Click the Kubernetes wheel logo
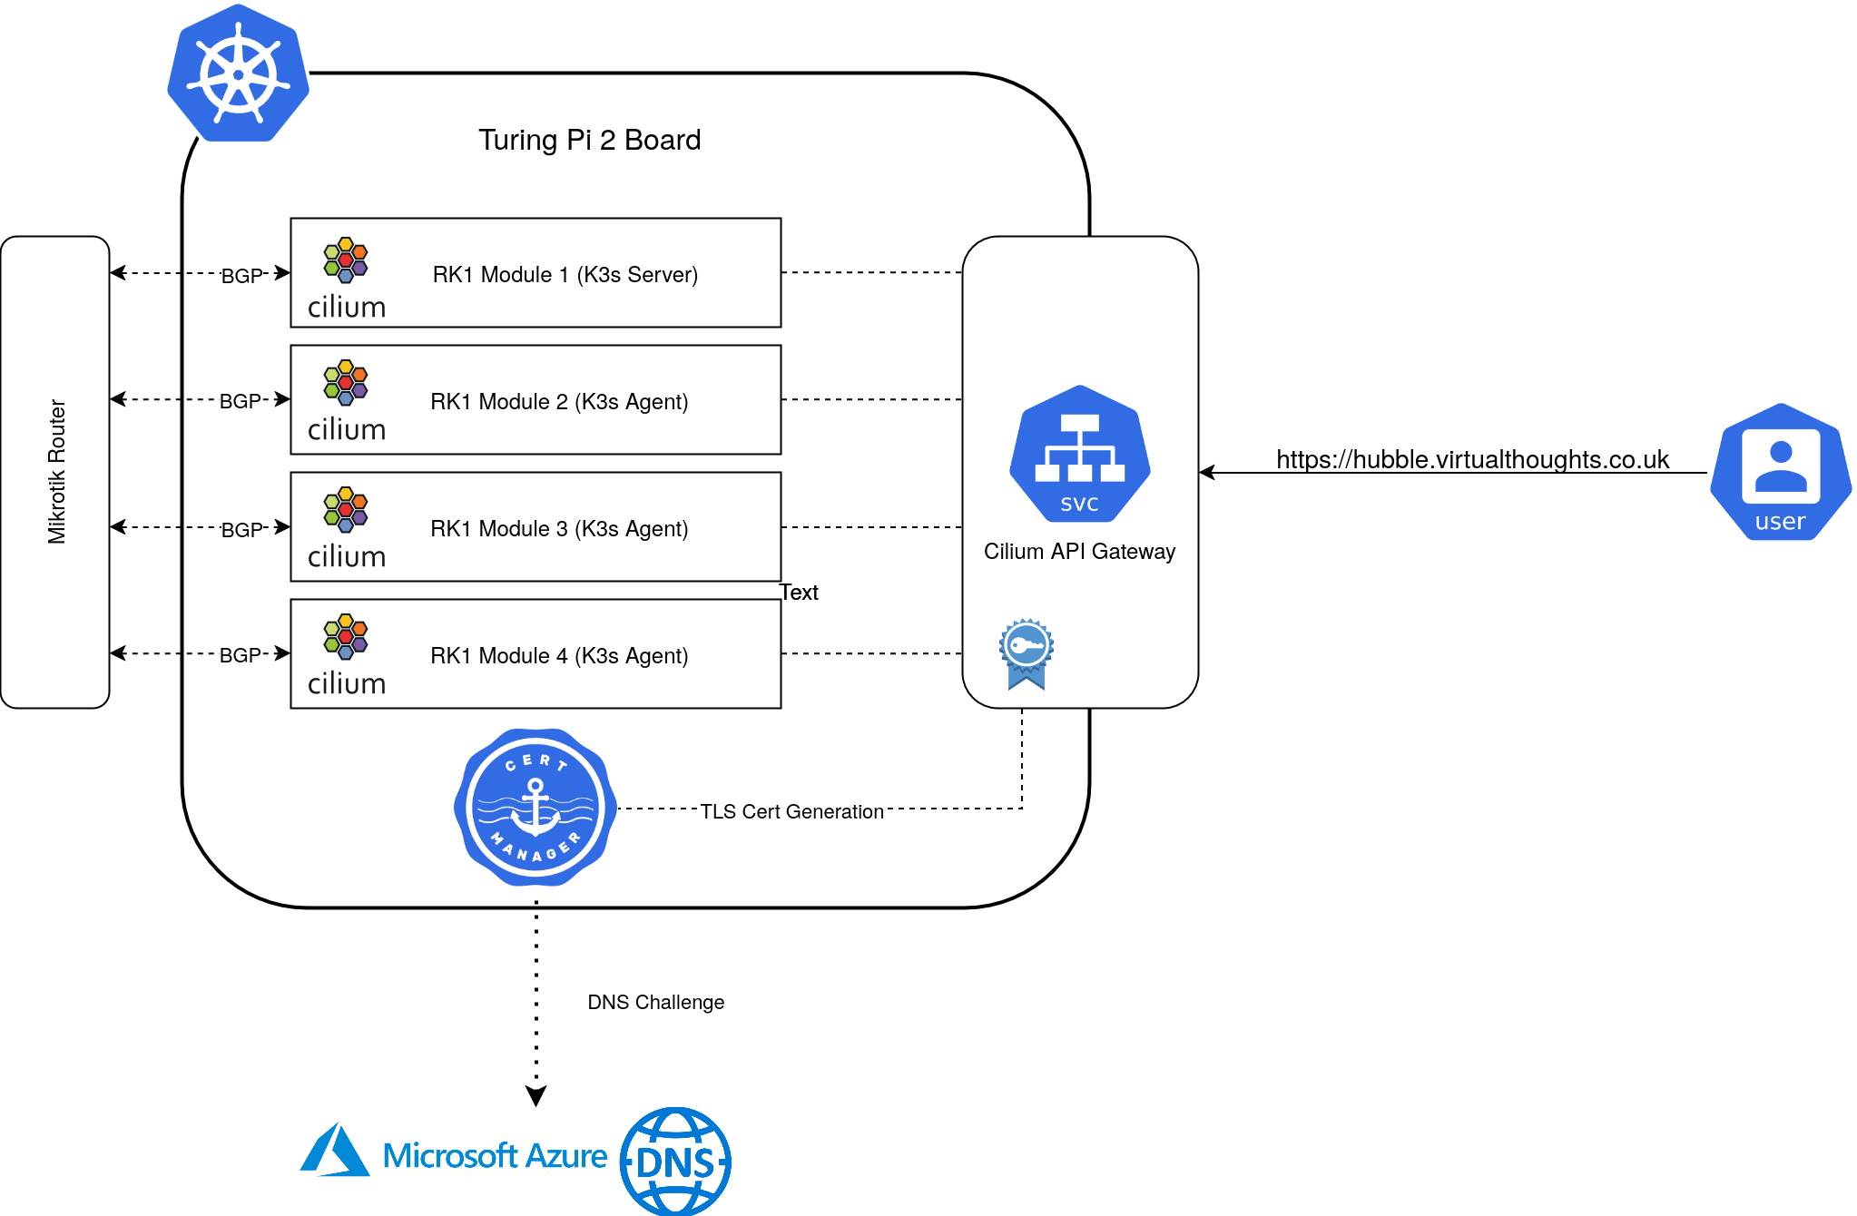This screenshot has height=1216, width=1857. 238,74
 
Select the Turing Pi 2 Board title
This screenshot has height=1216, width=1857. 589,140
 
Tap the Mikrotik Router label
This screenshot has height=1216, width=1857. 56,472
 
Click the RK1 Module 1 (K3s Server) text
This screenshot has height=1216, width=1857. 565,274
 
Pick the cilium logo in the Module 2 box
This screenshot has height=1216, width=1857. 347,400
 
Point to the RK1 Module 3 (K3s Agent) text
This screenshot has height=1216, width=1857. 559,528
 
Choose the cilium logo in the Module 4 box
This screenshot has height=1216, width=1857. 347,654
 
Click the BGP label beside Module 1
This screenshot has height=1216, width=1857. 241,275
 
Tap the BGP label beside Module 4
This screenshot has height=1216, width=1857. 241,654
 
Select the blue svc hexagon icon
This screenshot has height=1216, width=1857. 1080,454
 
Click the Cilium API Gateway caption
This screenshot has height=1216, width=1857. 1079,551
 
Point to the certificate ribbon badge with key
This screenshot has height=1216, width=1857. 1027,654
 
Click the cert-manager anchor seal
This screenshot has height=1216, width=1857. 535,807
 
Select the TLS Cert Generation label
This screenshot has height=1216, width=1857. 791,811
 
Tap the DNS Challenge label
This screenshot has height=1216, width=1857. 655,1002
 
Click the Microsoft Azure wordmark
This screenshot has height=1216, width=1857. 495,1155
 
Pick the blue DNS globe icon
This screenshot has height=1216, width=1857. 675,1162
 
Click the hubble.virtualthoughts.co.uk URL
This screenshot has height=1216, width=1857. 1472,459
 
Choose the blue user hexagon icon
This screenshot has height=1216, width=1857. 1781,472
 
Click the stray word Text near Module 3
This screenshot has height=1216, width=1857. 799,592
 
